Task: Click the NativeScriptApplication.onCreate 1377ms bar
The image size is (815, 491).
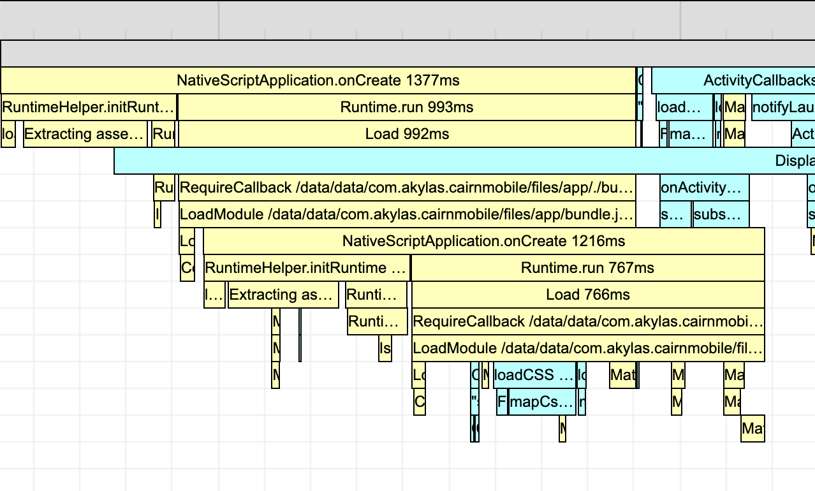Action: [318, 81]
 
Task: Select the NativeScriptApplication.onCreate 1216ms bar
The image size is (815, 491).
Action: [483, 242]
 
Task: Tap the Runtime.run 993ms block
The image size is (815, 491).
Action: [407, 107]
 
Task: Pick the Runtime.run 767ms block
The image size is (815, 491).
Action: [587, 268]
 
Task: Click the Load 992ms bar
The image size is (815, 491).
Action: [407, 134]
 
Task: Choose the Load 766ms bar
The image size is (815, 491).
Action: [587, 295]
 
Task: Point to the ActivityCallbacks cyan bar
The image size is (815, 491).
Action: [733, 81]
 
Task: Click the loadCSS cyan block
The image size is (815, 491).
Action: [534, 375]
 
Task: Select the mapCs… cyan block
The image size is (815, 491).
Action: [542, 402]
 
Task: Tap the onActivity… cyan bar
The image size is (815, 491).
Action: [704, 187]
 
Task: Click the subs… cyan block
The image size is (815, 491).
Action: [721, 214]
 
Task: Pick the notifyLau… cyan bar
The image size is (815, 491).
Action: [782, 107]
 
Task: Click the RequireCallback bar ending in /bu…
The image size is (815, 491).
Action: [407, 187]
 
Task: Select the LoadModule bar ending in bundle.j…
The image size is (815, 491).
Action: [407, 214]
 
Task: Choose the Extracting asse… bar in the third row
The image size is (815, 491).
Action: [85, 134]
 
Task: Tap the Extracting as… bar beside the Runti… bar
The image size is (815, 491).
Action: [283, 295]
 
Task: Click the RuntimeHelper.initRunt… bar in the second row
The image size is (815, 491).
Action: [89, 107]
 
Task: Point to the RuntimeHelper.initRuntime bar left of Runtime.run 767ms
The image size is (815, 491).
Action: [307, 268]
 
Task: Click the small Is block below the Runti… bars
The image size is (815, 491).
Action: [385, 348]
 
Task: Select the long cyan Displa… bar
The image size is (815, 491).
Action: [464, 161]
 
